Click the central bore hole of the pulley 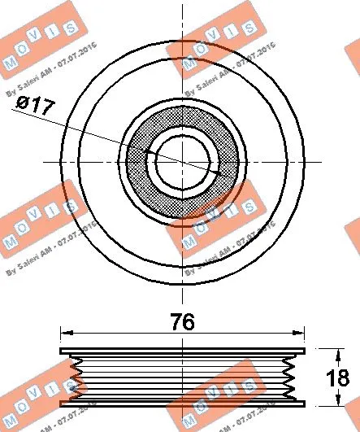point(182,162)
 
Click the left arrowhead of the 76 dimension point(67,333)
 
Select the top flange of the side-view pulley point(183,351)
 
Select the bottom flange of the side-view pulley point(183,403)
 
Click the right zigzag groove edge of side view point(291,377)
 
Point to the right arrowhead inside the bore point(217,173)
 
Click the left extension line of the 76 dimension point(62,338)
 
